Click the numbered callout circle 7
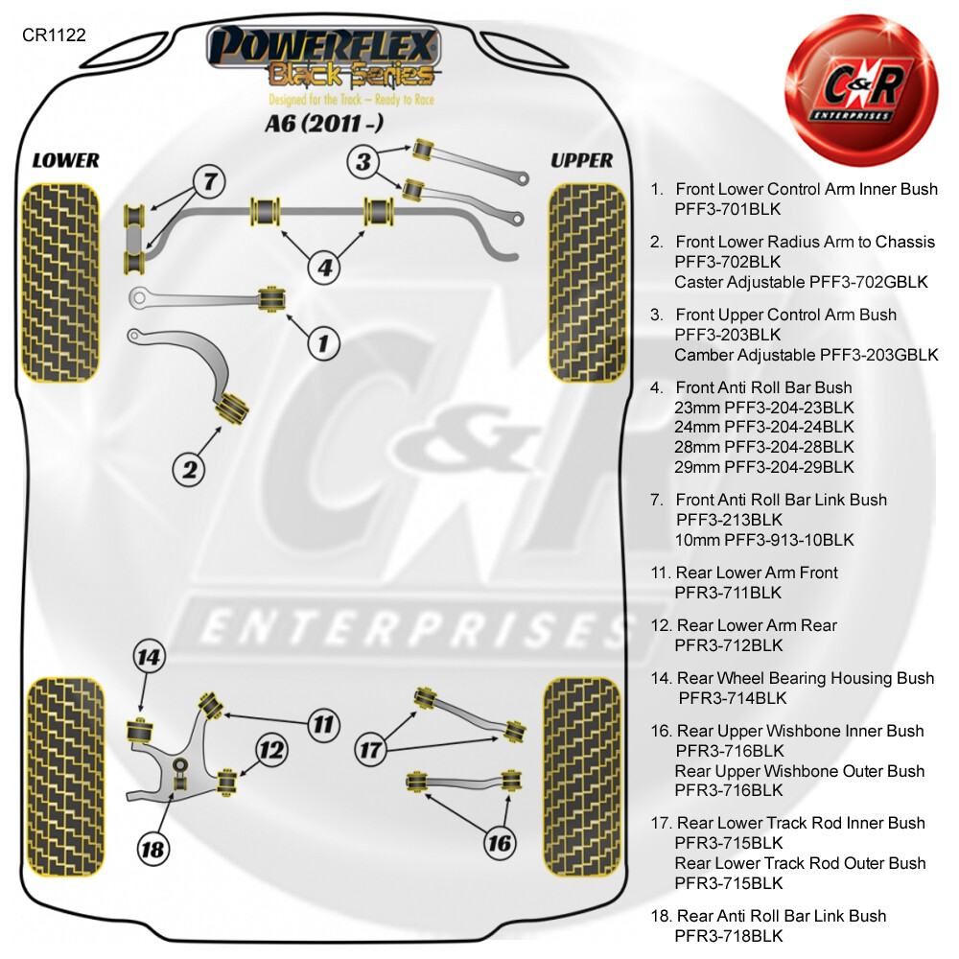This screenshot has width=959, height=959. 209,181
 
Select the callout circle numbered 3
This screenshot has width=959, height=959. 363,162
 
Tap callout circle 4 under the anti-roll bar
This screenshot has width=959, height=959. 325,268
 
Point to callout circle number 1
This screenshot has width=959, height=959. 323,343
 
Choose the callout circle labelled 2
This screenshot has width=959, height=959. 189,470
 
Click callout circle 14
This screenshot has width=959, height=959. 150,657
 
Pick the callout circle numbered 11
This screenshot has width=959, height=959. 323,725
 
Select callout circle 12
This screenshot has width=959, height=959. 271,750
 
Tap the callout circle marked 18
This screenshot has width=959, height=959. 152,849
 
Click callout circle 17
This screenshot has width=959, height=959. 370,750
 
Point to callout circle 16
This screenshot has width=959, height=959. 499,843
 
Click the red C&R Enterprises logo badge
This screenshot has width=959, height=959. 861,90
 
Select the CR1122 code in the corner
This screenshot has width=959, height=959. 54,35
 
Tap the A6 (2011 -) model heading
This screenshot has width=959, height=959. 324,124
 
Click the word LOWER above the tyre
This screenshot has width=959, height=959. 65,160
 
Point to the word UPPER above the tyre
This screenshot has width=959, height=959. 582,160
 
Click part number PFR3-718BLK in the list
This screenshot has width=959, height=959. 729,936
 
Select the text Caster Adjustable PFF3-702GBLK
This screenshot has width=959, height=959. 801,282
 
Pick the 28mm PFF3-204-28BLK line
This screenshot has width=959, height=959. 764,447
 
